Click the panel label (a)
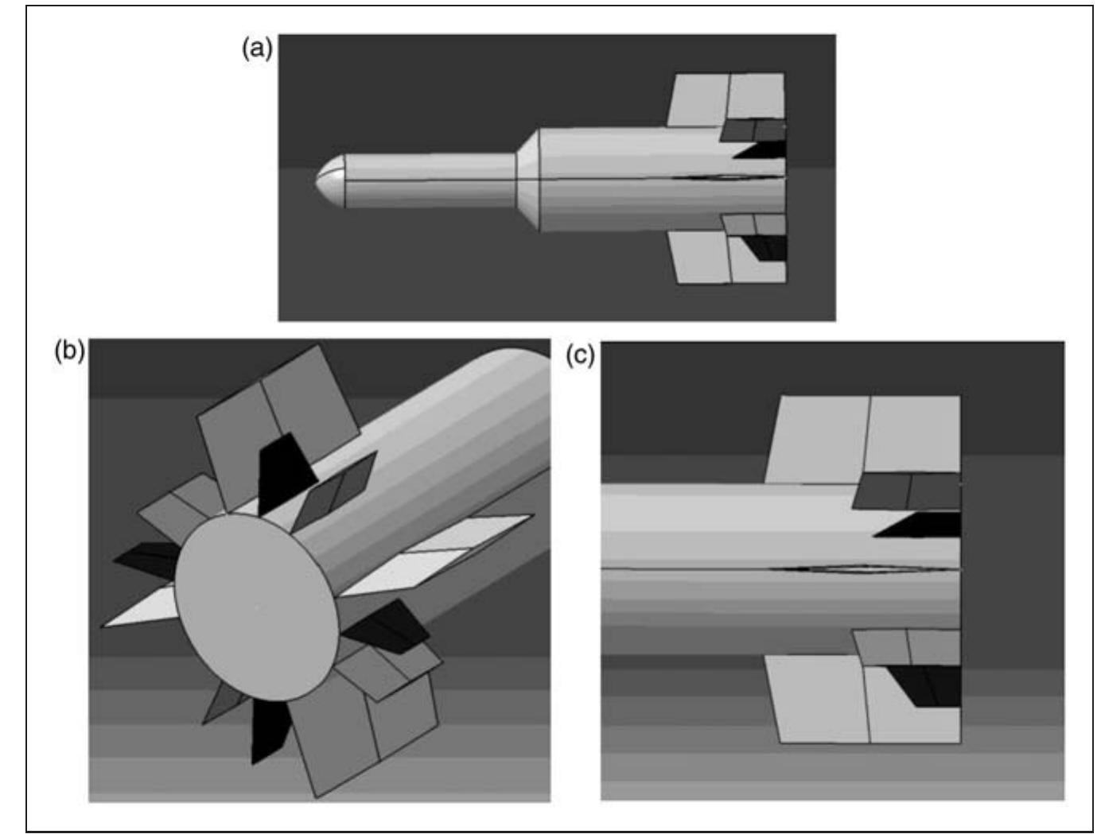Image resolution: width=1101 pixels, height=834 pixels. click(x=256, y=48)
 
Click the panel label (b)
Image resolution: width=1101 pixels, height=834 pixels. click(x=69, y=351)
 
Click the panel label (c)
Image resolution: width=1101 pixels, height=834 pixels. click(x=580, y=355)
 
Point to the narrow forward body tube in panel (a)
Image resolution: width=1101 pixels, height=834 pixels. click(x=430, y=180)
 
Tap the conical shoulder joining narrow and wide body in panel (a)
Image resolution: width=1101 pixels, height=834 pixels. click(x=528, y=180)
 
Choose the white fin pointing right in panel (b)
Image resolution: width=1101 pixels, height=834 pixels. click(x=445, y=553)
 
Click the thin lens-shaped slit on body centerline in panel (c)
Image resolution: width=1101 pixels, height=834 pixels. click(x=843, y=568)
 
